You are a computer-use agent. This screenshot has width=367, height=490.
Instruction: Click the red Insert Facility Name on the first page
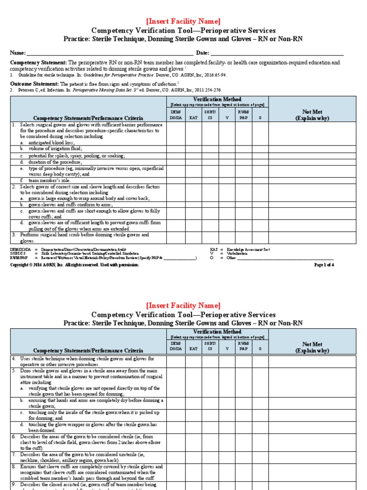tap(183, 21)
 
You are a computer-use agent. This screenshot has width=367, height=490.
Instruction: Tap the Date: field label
tap(202, 52)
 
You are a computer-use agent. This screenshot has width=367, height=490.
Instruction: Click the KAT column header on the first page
tap(193, 117)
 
